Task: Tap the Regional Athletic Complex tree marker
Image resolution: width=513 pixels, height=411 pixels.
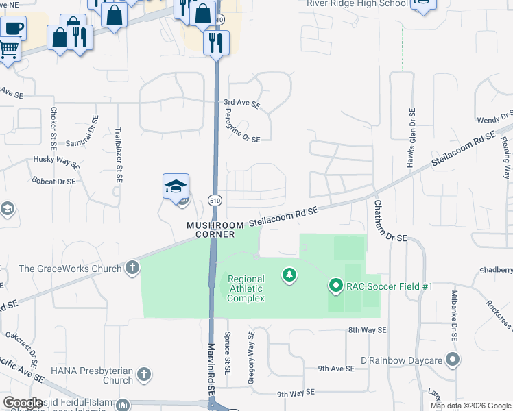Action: coord(289,275)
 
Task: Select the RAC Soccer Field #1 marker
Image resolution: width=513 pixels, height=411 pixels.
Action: coord(335,285)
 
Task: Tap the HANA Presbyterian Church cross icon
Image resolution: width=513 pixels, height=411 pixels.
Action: coord(143,374)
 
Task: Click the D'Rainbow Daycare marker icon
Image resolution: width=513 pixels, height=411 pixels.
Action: coord(451,360)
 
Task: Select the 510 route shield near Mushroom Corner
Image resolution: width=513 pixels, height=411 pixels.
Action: coord(214,199)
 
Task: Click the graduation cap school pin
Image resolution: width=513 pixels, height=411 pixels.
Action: coord(176,186)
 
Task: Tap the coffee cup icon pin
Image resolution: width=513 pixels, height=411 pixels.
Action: coord(13,29)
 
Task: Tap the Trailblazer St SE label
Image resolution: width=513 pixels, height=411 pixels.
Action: coord(118,154)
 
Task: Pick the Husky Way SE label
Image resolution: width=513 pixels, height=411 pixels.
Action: coord(57,162)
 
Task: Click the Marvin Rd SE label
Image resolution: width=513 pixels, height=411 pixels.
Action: coord(213,376)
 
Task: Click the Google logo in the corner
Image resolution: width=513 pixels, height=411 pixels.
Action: coord(23,402)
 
